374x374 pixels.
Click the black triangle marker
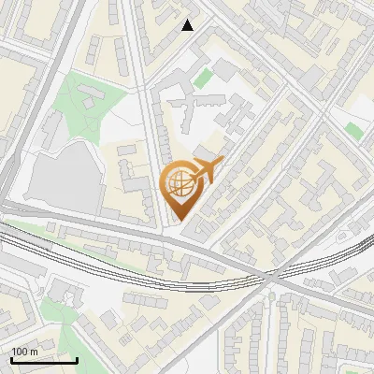[188, 25]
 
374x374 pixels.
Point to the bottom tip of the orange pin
[179, 221]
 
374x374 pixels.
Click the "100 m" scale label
[24, 352]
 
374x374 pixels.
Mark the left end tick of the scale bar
[10, 359]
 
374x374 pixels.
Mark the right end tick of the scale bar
[78, 359]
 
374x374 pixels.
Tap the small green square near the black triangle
[227, 71]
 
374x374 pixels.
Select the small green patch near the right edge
[352, 130]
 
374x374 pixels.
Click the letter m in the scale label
[34, 352]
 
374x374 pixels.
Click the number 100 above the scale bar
[20, 352]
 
